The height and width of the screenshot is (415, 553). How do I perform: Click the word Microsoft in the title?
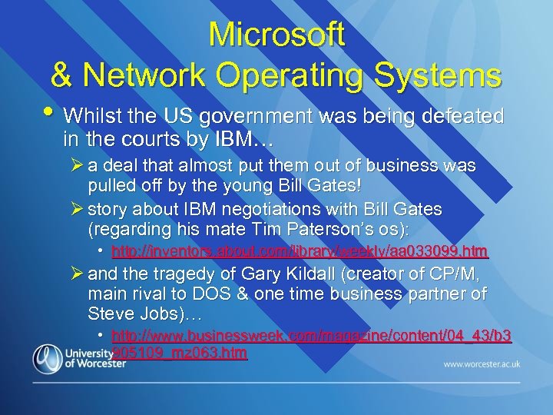276,35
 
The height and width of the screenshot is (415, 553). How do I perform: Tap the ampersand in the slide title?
63,75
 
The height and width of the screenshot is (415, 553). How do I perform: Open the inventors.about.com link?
300,251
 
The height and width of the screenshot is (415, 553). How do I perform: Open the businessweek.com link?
311,336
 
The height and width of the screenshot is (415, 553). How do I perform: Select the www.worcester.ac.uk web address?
482,364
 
